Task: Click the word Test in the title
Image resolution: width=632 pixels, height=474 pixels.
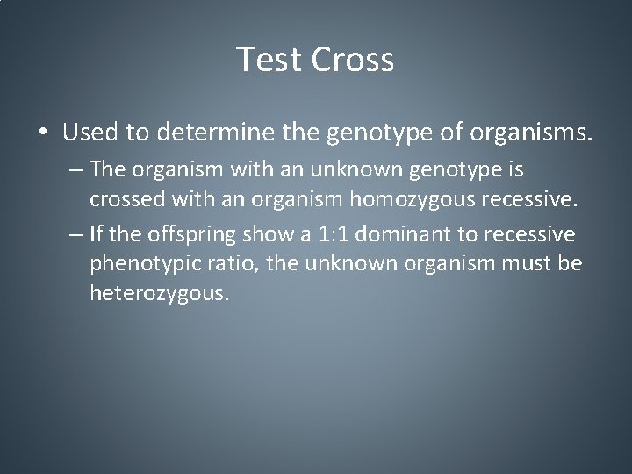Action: pyautogui.click(x=268, y=60)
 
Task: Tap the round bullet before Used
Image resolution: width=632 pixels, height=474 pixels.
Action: pyautogui.click(x=43, y=133)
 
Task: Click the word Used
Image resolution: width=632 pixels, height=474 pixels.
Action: pyautogui.click(x=91, y=133)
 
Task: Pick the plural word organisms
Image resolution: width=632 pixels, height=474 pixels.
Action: pyautogui.click(x=532, y=133)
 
